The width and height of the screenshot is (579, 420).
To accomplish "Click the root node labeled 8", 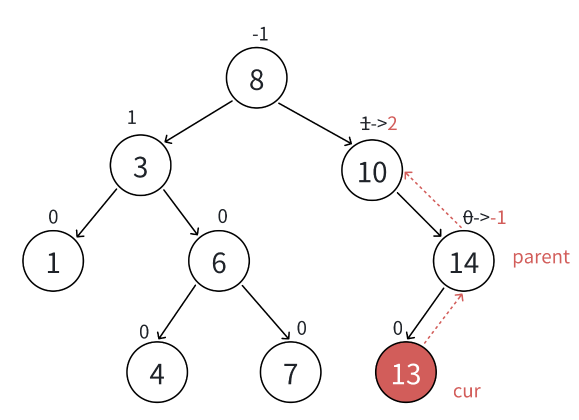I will tap(256, 78).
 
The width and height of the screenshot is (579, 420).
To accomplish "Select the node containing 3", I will tap(140, 165).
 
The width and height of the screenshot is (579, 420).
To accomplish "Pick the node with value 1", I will tap(53, 261).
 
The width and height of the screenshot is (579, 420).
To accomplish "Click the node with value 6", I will tap(218, 261).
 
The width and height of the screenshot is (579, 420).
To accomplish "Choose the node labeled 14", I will tap(463, 261).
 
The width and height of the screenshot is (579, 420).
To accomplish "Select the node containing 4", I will tap(157, 372).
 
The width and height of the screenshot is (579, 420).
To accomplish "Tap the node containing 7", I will tap(290, 372).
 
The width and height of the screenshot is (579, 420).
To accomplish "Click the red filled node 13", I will tap(406, 372).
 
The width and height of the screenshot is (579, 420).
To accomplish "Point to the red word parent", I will tap(541, 257).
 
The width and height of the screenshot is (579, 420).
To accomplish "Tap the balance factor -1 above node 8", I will tap(260, 35).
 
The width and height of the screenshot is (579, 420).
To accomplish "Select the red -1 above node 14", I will tap(498, 218).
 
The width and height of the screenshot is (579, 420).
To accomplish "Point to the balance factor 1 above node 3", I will tap(131, 117).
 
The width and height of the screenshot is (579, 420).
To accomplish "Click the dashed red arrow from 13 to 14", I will tap(443, 318).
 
